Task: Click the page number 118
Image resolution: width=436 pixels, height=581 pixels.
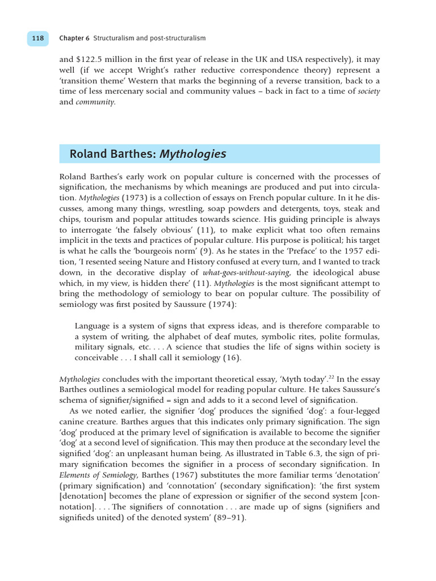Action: [38, 38]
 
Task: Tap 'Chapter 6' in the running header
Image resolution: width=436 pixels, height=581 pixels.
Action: [74, 38]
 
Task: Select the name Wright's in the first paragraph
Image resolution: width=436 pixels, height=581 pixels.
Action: [174, 70]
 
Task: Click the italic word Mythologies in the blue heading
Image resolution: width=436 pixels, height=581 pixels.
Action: [193, 154]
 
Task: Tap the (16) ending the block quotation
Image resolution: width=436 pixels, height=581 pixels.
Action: [232, 357]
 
